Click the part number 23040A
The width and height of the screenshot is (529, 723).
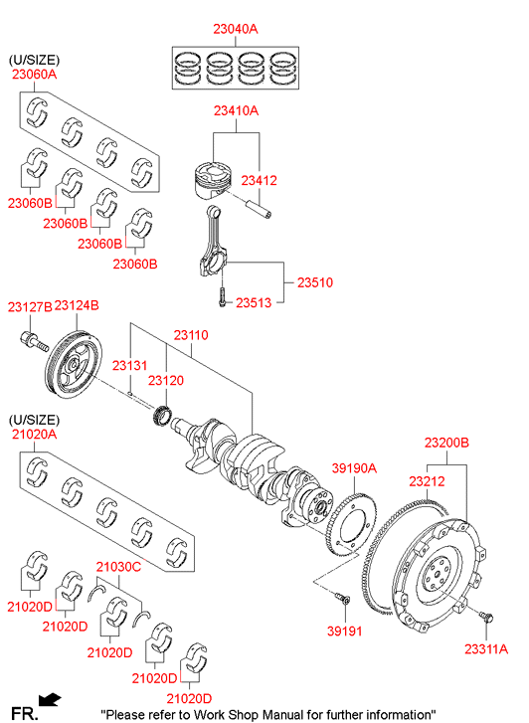coord(236,29)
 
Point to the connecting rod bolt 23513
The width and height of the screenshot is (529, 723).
coord(223,297)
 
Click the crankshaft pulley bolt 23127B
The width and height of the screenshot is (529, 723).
coord(34,342)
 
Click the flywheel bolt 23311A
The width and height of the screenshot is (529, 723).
coord(486,616)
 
